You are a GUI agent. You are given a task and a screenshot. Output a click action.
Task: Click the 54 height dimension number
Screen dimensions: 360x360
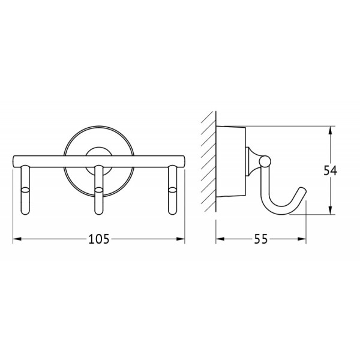click(x=331, y=170)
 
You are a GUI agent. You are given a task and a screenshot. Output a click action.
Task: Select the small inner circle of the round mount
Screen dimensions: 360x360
click(x=98, y=154)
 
